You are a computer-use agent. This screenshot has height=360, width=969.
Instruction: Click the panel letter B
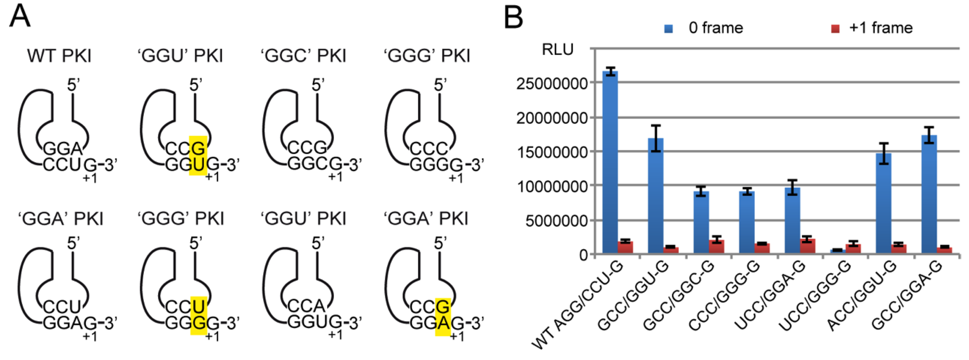tap(513, 17)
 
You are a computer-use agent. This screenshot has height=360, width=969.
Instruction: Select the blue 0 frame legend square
tap(668, 29)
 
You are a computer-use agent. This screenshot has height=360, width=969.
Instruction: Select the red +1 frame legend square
tap(835, 29)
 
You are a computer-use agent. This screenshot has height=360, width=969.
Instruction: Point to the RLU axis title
tap(557, 49)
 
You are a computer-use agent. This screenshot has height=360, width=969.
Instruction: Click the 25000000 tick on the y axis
tap(551, 83)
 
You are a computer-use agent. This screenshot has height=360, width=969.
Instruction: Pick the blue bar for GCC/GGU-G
tap(656, 196)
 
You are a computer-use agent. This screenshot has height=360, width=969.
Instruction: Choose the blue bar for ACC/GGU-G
tap(884, 203)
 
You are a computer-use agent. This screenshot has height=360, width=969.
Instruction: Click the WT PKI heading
tap(59, 56)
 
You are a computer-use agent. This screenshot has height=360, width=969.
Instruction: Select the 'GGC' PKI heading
tap(303, 56)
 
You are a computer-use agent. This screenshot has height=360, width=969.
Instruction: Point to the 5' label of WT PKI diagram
tap(73, 85)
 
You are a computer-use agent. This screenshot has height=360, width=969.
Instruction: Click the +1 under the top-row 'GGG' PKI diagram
tap(456, 178)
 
